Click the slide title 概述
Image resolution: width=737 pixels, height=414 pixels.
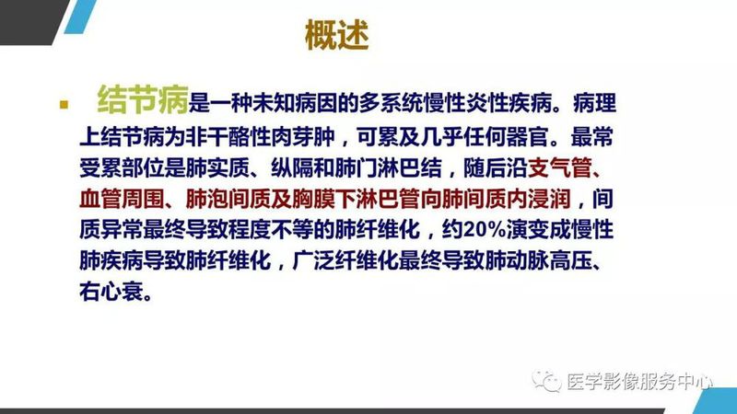(336, 37)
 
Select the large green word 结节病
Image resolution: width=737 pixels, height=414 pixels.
(143, 98)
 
